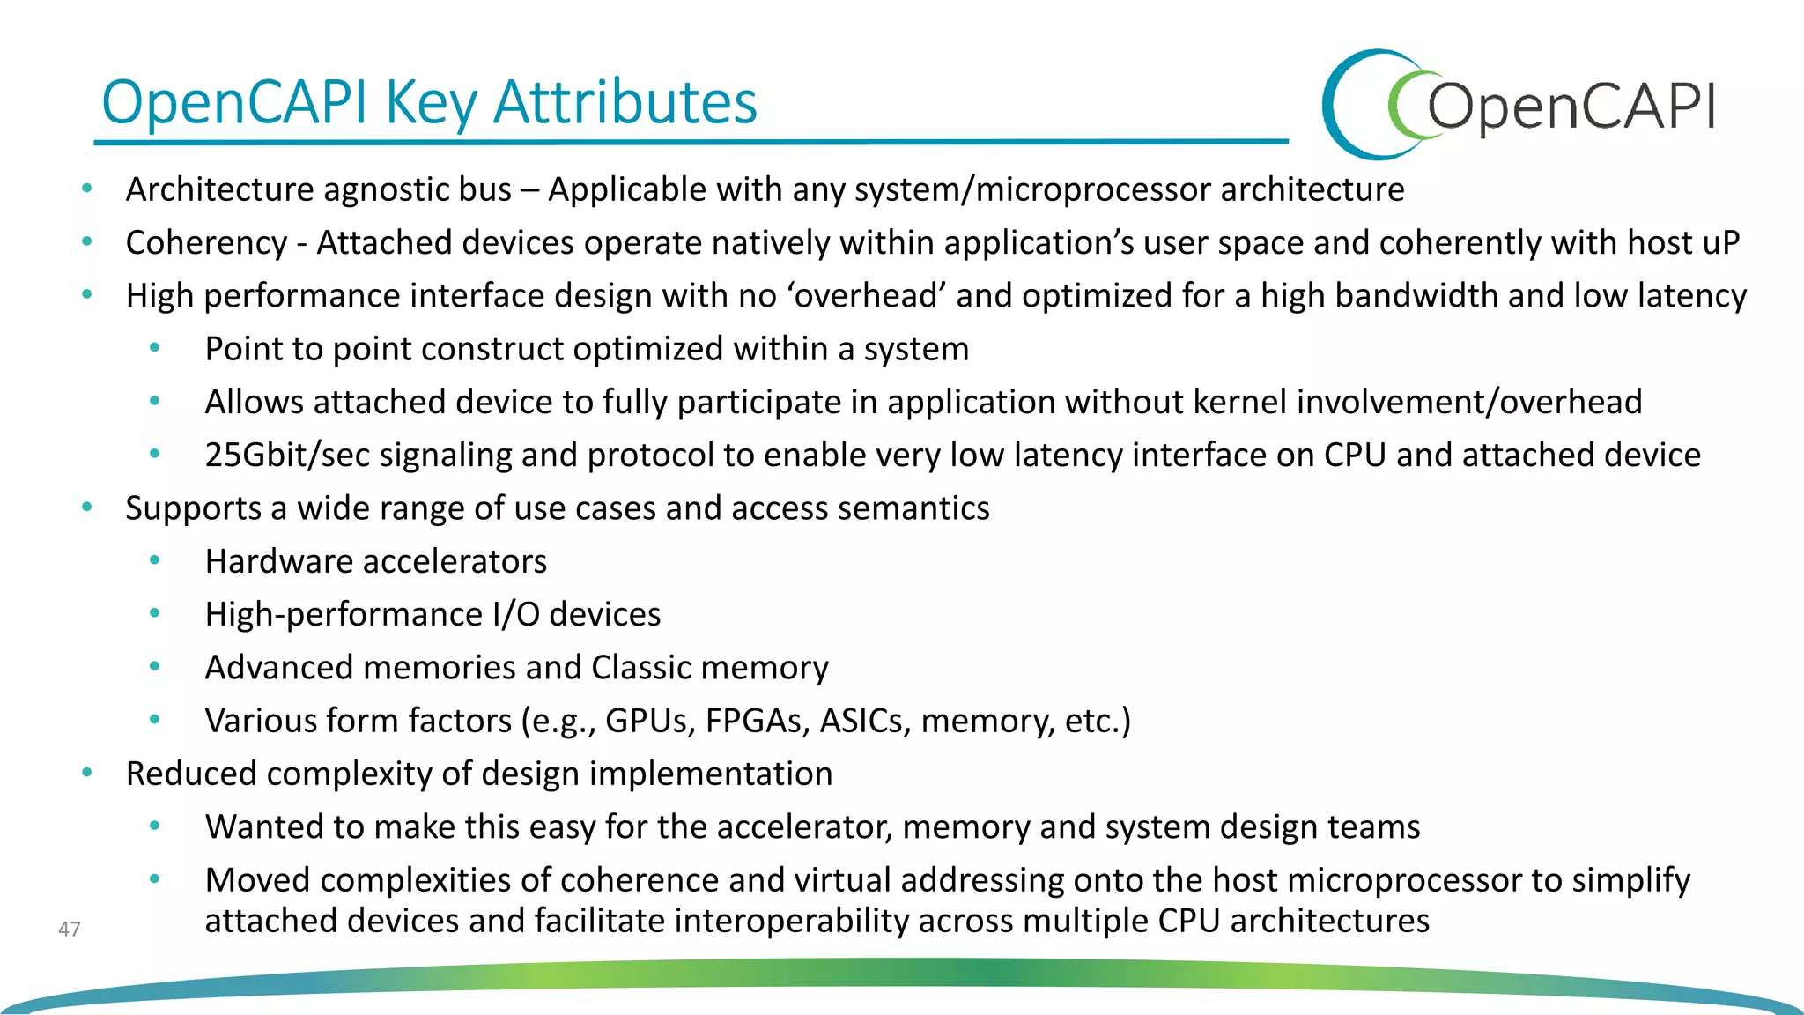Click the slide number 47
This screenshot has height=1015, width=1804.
(x=69, y=929)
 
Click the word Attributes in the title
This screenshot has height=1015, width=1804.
(x=625, y=102)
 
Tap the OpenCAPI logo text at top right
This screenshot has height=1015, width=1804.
(x=1570, y=107)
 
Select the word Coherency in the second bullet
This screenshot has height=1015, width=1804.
(x=206, y=243)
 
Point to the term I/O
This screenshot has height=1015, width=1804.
(x=516, y=614)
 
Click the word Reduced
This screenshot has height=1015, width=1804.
(x=191, y=774)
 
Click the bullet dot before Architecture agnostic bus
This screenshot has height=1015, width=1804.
(x=86, y=188)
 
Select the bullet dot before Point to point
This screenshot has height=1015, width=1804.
(x=155, y=348)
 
